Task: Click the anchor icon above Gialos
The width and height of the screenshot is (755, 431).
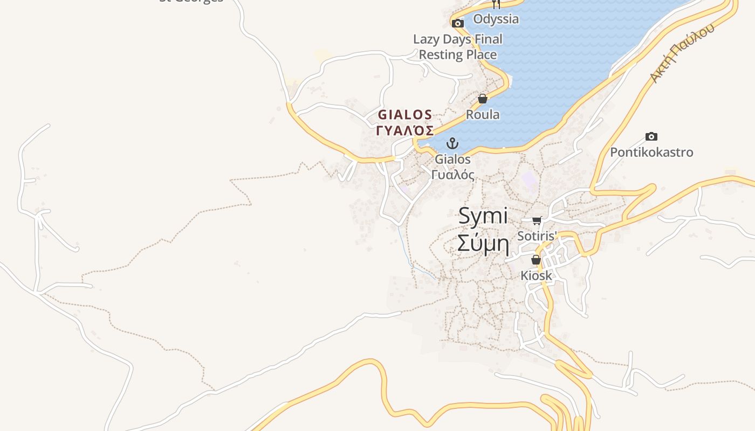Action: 452,143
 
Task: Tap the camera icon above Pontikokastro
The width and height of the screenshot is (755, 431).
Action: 651,137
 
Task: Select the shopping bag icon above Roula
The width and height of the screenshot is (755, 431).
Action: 483,99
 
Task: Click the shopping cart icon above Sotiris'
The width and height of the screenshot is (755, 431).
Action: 537,220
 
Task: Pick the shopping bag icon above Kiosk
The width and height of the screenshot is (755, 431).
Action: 536,260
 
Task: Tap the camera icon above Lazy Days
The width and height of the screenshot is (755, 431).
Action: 458,23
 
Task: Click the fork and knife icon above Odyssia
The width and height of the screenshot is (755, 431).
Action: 496,4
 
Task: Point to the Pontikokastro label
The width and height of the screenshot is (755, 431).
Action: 651,152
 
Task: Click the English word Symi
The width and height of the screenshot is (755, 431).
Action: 483,216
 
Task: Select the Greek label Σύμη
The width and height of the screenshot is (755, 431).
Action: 483,243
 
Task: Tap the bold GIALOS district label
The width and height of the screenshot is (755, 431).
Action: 405,115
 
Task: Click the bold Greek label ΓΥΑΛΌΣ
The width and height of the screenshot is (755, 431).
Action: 405,130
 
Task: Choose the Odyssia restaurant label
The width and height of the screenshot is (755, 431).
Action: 496,19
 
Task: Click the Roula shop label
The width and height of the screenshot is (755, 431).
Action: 483,115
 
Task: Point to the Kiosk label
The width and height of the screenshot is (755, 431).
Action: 536,276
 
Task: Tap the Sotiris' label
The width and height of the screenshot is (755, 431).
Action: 537,236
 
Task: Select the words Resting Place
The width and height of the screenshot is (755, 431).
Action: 458,55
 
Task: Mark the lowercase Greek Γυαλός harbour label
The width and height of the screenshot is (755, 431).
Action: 453,175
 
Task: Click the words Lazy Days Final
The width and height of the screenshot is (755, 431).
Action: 458,39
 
